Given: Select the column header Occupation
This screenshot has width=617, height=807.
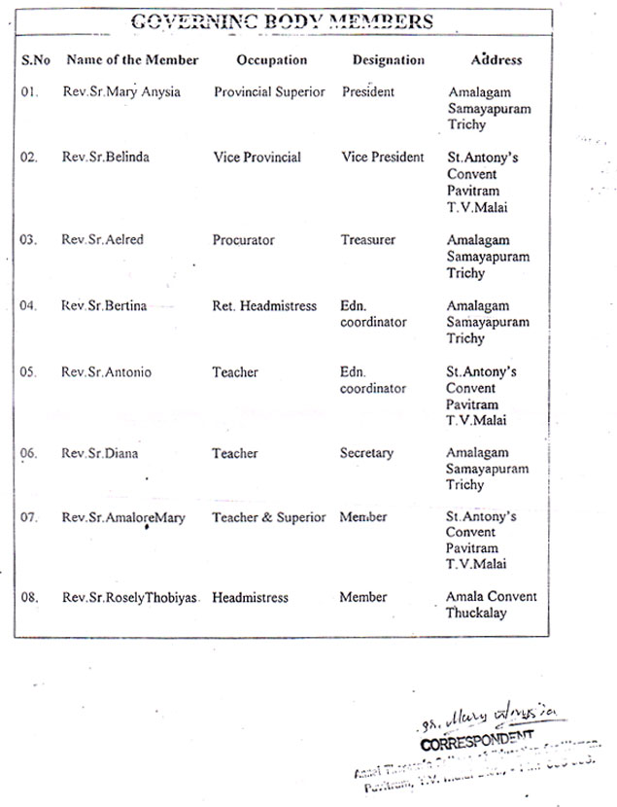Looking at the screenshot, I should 272,59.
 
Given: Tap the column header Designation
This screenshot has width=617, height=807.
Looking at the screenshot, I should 389,59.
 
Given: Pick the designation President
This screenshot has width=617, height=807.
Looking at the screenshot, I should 368,92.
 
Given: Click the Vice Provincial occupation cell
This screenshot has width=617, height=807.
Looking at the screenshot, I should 257,158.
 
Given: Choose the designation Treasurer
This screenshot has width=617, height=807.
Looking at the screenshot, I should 367,240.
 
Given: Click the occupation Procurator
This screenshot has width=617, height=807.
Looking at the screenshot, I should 244,240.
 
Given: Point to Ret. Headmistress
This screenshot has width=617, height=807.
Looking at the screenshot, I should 264,306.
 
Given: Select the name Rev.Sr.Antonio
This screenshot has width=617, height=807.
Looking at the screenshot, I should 106,372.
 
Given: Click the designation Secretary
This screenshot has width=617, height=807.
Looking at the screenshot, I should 366,453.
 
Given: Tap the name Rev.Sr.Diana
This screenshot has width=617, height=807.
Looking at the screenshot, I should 100,453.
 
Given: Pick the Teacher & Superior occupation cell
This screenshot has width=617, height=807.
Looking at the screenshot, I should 269,517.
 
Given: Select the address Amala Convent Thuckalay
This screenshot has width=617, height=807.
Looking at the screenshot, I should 491,605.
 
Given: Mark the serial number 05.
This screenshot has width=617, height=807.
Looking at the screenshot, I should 28,372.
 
